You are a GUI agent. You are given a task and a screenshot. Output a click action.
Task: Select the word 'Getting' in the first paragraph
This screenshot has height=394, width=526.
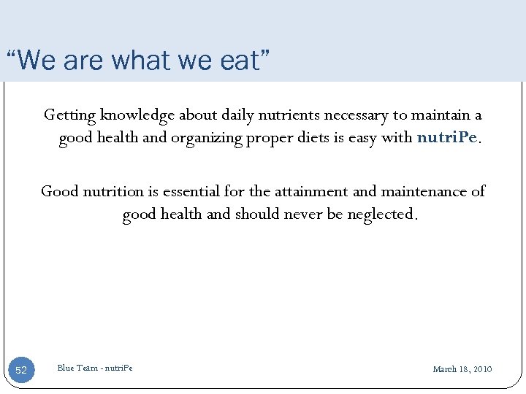coord(69,115)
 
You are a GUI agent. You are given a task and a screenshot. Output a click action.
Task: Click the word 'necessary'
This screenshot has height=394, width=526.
coord(355,115)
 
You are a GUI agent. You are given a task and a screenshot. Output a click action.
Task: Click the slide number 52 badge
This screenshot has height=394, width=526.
coord(21,370)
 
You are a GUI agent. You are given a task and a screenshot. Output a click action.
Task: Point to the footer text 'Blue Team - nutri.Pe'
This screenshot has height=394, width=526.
coord(95,368)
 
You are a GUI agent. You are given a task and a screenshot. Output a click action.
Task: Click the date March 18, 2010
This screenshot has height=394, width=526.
coord(462,369)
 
